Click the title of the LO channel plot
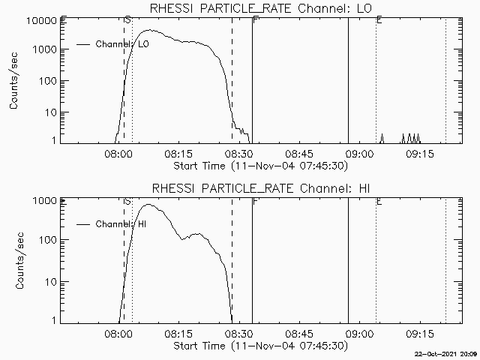pos(261,8)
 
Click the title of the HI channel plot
pos(261,188)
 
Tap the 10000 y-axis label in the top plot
pos(42,21)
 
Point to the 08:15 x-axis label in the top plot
pos(178,153)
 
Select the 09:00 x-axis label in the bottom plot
pos(359,333)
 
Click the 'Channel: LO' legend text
pos(122,44)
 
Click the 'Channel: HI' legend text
pos(121,224)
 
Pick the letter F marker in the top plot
pos(256,20)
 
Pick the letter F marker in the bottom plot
pos(256,201)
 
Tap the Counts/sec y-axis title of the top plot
pos(13,81)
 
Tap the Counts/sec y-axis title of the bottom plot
pos(19,261)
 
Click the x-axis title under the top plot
pos(261,166)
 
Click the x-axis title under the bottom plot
pos(261,346)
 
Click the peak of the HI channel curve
pos(148,204)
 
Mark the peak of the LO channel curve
pos(150,30)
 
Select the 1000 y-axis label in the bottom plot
pos(45,201)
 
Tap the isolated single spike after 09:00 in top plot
pos(382,138)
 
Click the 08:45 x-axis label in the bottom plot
pos(299,333)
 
